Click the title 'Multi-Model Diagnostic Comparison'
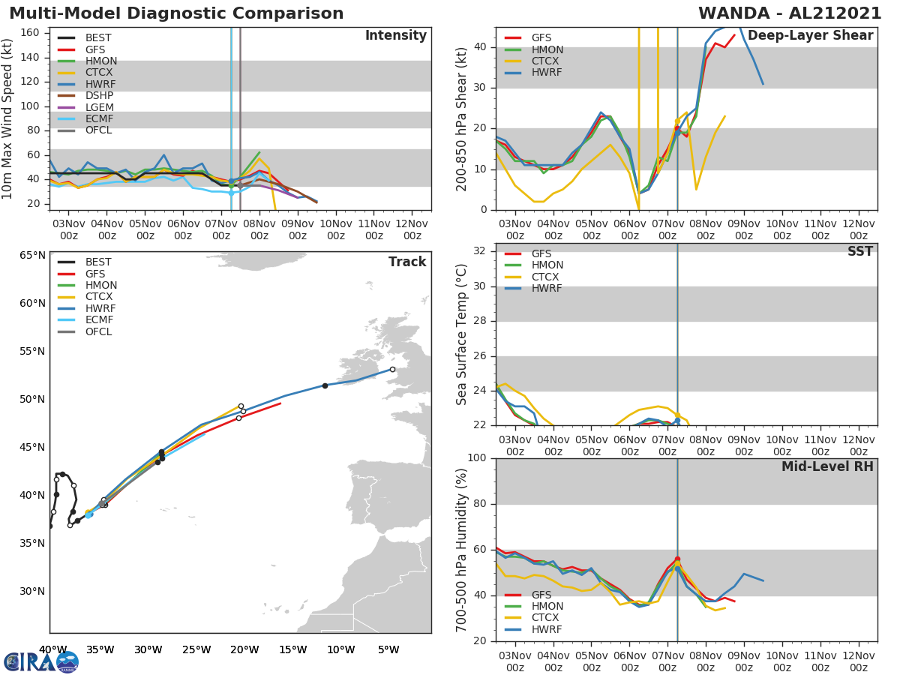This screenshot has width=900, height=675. pos(176,13)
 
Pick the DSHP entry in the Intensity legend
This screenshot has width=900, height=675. pos(99,95)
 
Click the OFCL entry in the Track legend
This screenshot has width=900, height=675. pos(98,331)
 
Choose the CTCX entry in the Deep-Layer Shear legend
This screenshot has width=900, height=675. pos(546,61)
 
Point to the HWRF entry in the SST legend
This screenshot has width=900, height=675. pos(547,288)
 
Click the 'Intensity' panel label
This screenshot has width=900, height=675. pos(395,36)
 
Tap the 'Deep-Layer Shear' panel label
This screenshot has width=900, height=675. pos(810,36)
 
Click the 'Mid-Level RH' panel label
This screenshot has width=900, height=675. pos(827,466)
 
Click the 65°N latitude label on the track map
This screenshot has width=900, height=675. pos(32,255)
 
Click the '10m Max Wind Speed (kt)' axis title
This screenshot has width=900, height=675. pos(8,118)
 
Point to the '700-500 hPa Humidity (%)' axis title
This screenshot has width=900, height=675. pos(462,549)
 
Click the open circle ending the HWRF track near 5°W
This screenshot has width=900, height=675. pos(392,369)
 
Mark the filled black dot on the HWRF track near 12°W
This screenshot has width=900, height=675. pos(325,385)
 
